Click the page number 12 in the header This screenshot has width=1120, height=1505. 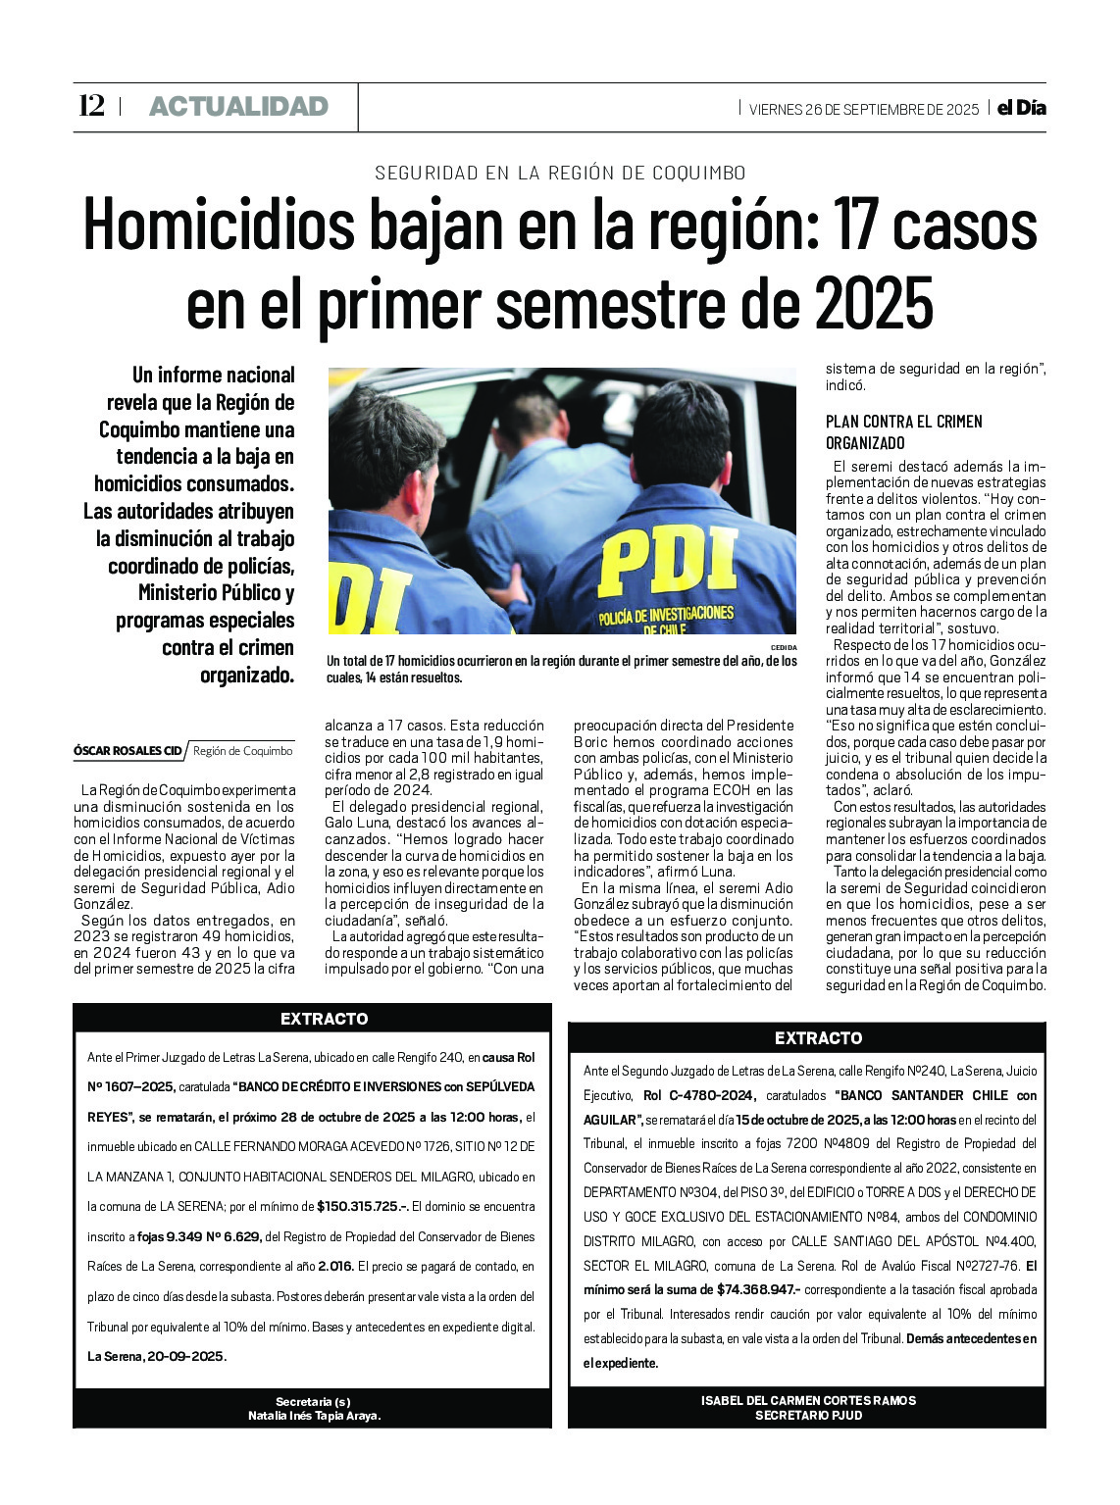click(91, 106)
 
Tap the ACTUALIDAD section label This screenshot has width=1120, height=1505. click(238, 107)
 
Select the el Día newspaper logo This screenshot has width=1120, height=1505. click(1021, 108)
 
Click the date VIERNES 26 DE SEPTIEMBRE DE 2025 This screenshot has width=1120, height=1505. click(863, 110)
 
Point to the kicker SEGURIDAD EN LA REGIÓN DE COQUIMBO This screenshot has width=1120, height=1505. click(560, 174)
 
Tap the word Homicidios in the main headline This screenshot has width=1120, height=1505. click(218, 226)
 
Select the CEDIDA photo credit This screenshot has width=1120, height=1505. click(784, 648)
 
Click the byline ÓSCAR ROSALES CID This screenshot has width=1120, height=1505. click(127, 751)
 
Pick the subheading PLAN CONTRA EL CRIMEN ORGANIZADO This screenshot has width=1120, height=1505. click(903, 431)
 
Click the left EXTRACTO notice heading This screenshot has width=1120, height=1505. click(324, 1019)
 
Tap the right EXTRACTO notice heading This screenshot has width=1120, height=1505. click(818, 1038)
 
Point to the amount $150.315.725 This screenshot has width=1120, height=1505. click(361, 1207)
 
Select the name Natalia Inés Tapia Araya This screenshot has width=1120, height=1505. click(314, 1416)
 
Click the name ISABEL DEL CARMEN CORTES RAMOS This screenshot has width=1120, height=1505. click(808, 1401)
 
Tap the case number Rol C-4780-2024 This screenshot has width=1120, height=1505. click(698, 1096)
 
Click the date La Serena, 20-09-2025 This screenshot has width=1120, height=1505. click(157, 1357)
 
